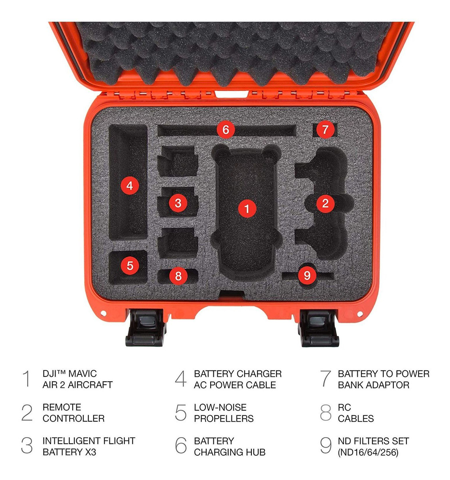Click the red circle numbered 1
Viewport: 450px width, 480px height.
[x=247, y=208]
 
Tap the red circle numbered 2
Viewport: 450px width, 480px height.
[x=325, y=204]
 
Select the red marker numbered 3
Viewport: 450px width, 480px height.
[x=178, y=203]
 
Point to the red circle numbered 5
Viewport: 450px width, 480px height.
[x=130, y=266]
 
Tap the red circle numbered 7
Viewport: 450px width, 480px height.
[x=325, y=129]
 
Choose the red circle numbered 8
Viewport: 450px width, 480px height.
[x=178, y=276]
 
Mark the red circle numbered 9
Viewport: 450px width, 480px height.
[x=307, y=275]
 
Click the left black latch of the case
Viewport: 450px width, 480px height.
[x=145, y=328]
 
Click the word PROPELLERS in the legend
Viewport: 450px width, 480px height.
[x=224, y=418]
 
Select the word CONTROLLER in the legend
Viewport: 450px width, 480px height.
[x=74, y=418]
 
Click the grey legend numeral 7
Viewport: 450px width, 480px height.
[x=326, y=379]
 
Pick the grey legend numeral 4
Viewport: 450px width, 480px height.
[x=181, y=379]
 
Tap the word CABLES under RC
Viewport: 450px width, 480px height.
[x=356, y=418]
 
